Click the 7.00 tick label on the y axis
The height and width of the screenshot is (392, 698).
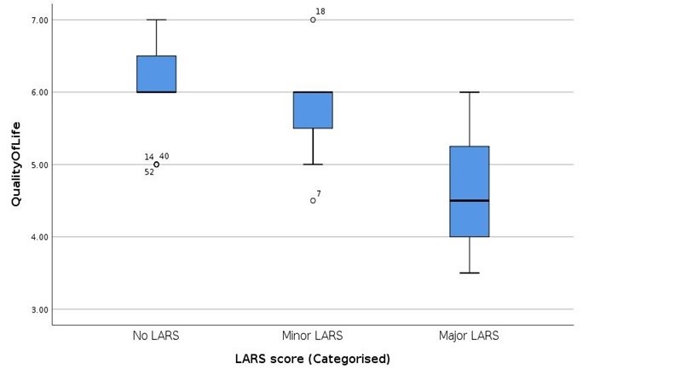tap(39, 20)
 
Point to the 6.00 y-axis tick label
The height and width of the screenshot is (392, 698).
tap(39, 93)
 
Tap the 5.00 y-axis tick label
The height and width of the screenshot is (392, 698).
tap(39, 165)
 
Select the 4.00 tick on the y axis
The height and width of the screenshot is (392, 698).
tap(39, 237)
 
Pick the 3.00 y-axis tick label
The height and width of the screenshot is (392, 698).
tap(39, 309)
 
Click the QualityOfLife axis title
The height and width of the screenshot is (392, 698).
tap(16, 164)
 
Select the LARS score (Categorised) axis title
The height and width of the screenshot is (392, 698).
tap(313, 359)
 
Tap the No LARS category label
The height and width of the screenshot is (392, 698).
tap(156, 336)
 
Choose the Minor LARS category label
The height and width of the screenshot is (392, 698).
tap(313, 336)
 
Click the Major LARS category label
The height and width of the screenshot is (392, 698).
tap(469, 336)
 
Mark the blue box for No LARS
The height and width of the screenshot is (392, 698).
tap(156, 74)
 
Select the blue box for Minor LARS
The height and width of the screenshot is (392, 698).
tap(313, 110)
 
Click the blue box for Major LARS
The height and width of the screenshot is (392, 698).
tap(470, 192)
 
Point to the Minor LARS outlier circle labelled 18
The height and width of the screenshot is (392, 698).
tap(313, 20)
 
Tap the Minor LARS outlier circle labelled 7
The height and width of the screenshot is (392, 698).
tap(313, 200)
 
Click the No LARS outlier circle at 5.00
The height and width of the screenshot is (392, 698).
tap(156, 164)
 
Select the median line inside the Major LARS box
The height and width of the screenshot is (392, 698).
tap(470, 200)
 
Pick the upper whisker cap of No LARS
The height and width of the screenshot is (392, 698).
tap(156, 20)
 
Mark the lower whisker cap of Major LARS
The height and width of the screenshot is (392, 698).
tap(470, 273)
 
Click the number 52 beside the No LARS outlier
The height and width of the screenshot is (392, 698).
tap(149, 172)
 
